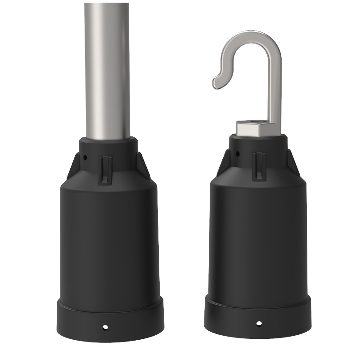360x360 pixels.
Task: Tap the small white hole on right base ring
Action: (x=258, y=323)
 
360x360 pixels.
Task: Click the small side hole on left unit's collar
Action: (x=85, y=158)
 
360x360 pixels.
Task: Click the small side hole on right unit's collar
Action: (x=237, y=154)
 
